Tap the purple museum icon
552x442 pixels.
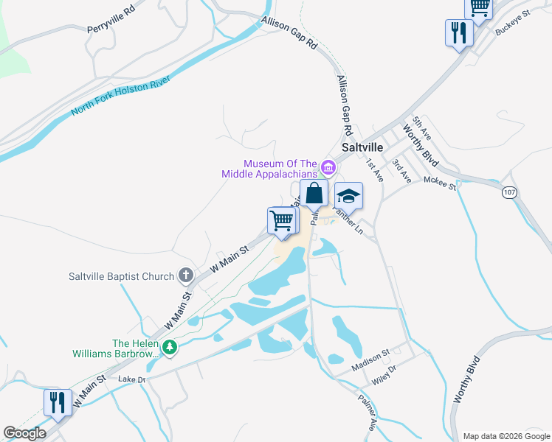(328, 169)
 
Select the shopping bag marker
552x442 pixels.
(314, 194)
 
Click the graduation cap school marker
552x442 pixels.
(348, 197)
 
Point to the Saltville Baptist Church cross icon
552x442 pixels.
(185, 276)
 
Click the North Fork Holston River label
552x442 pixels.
(122, 96)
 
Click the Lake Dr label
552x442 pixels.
(133, 379)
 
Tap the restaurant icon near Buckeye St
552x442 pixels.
(459, 33)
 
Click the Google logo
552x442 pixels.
(24, 433)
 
